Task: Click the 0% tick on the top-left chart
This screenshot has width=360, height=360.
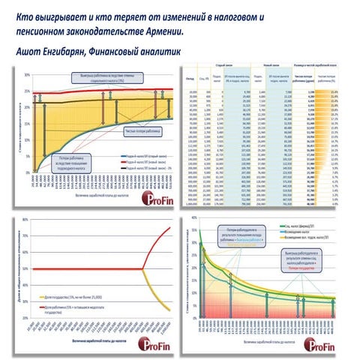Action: (x=28, y=169)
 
